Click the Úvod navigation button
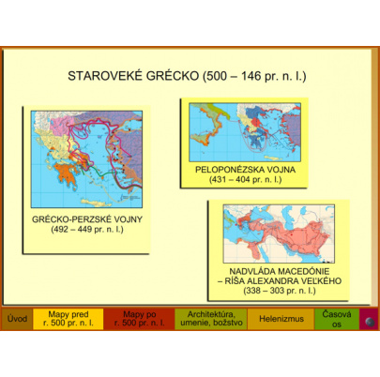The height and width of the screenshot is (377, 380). click(x=16, y=320)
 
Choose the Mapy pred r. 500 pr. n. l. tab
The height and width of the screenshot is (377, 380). click(x=68, y=320)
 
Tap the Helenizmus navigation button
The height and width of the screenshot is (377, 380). click(x=280, y=320)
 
